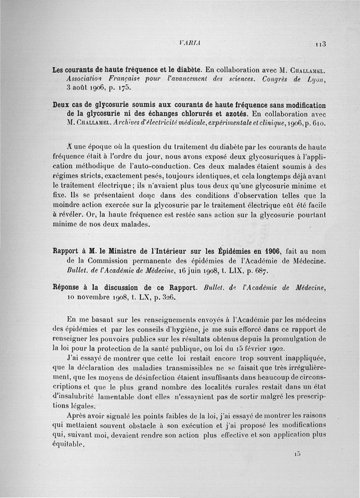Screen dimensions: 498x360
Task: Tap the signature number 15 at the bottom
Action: click(297, 454)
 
